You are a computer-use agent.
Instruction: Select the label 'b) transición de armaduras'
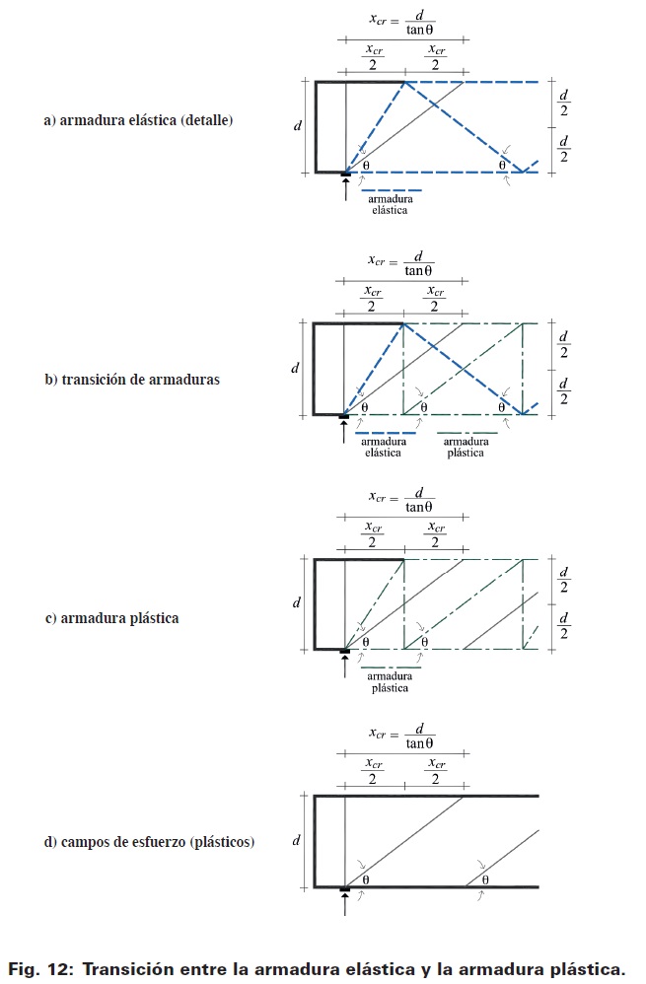pyautogui.click(x=132, y=378)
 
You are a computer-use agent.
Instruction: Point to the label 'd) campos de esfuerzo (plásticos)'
pyautogui.click(x=149, y=842)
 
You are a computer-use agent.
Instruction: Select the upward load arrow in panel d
pyautogui.click(x=345, y=905)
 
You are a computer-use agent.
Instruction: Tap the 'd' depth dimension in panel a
pyautogui.click(x=298, y=126)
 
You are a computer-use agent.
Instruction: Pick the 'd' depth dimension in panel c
pyautogui.click(x=296, y=602)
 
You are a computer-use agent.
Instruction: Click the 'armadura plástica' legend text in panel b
pyautogui.click(x=466, y=448)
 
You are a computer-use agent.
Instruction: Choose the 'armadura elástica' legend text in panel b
pyautogui.click(x=384, y=448)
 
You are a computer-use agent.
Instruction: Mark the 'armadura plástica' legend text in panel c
pyautogui.click(x=391, y=682)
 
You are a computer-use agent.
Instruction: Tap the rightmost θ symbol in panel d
pyautogui.click(x=486, y=879)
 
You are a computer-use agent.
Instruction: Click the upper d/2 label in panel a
pyautogui.click(x=564, y=102)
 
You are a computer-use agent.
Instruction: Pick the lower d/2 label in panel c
pyautogui.click(x=564, y=625)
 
